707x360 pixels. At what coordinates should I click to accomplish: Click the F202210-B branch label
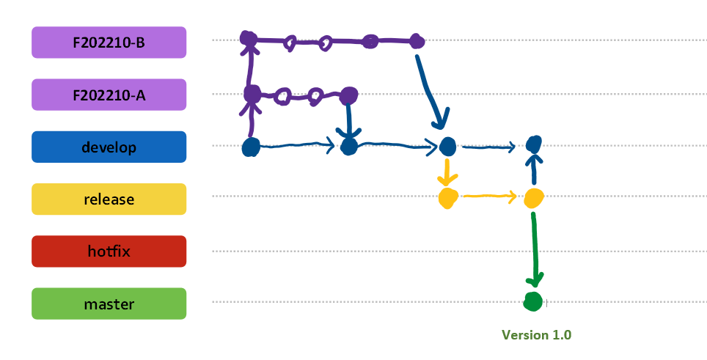(109, 43)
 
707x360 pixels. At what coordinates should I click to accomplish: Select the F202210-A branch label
(109, 95)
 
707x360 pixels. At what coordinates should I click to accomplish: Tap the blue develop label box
(109, 147)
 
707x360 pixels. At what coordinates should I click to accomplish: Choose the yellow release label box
(109, 199)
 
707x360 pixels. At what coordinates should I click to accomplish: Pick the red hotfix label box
(109, 251)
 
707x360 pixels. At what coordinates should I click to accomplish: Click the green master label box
(109, 304)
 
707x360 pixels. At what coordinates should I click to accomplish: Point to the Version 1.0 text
(536, 335)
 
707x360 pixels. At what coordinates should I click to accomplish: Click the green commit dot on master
(533, 301)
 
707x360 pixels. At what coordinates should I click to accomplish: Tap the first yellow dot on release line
(447, 197)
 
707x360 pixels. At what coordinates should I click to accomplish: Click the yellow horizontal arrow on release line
(489, 196)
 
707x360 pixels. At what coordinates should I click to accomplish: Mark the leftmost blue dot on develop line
(251, 147)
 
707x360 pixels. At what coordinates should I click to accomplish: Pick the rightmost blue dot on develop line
(534, 143)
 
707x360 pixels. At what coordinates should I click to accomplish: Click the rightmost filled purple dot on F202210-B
(417, 41)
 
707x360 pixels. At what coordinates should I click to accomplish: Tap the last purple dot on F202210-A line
(349, 95)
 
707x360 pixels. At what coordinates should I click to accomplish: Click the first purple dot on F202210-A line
(252, 94)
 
